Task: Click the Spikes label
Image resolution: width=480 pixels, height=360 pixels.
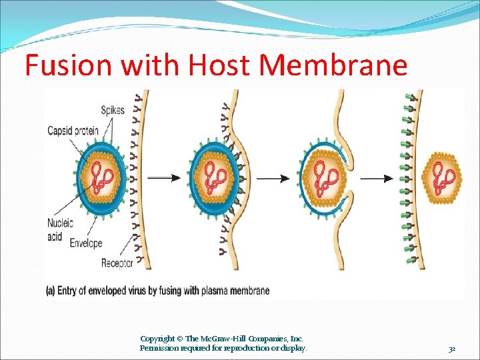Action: pos(113,111)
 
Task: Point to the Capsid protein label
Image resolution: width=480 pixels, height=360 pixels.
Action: pos(72,131)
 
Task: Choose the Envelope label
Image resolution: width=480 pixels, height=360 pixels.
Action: pos(86,243)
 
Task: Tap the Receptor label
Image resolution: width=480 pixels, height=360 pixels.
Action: pos(116,263)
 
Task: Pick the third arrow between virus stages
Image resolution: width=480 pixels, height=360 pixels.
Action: pos(377,178)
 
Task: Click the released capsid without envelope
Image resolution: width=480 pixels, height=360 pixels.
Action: pos(443,177)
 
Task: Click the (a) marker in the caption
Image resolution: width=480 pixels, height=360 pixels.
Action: pos(50,291)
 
